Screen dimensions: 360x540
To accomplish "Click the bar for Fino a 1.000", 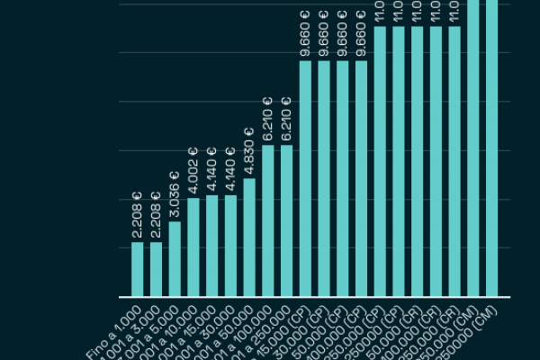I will (x=138, y=269).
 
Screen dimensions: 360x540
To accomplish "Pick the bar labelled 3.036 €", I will (x=175, y=259).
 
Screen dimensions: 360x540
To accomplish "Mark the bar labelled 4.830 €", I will (x=249, y=238).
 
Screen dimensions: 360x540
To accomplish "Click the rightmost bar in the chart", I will (x=491, y=148).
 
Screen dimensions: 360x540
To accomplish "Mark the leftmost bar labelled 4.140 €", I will (x=211, y=246).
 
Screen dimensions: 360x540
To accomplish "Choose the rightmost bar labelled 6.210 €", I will (x=286, y=220).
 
